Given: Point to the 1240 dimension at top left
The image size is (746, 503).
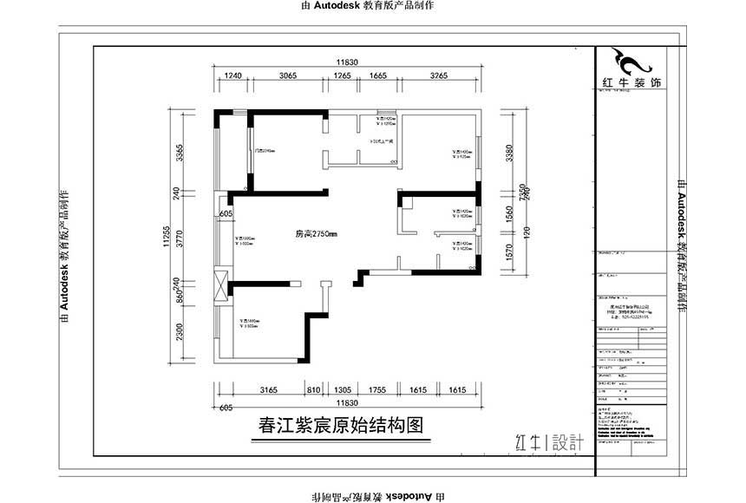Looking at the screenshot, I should tap(232, 76).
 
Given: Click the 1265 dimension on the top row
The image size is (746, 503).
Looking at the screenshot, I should tap(342, 76).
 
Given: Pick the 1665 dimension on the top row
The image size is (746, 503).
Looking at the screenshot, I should tap(377, 76).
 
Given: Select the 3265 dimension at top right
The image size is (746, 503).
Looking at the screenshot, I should tap(438, 76).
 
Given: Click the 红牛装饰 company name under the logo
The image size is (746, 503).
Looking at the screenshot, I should tap(631, 84).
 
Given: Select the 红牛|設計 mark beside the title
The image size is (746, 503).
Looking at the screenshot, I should tap(549, 441).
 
